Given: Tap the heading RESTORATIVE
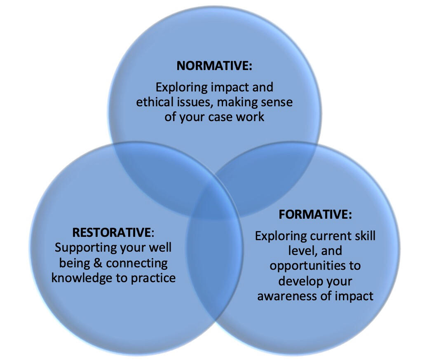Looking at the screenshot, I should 112,232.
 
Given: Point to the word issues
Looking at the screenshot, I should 195,102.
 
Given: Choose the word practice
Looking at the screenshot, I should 153,278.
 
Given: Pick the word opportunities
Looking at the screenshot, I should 315,265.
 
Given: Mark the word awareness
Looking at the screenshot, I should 291,295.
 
